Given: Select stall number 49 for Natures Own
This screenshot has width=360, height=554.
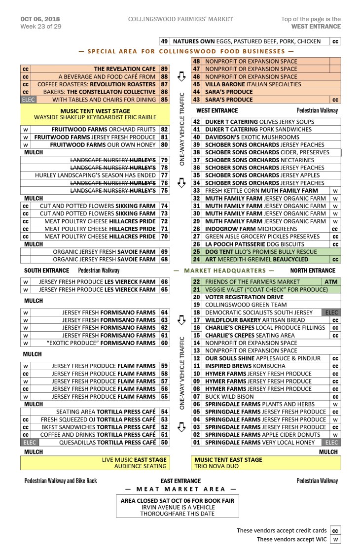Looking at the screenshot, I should coord(165,41).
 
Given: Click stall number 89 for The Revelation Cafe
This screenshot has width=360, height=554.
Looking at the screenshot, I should coord(164,69).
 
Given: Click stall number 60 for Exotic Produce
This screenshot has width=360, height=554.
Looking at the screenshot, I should coord(164,343).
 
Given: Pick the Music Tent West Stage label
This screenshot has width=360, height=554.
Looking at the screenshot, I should coord(95,111).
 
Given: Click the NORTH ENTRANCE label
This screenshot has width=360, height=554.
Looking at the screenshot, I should coord(313,271).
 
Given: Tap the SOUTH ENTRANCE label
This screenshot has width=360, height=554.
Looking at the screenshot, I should coord(46,271).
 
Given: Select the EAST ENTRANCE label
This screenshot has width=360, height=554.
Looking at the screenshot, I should coord(180,481).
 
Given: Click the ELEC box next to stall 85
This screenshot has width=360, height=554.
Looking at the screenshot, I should coord(26,100).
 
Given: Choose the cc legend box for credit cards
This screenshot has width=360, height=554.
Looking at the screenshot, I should coord(335,531).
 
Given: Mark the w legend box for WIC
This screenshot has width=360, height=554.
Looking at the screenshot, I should coord(335,539).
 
